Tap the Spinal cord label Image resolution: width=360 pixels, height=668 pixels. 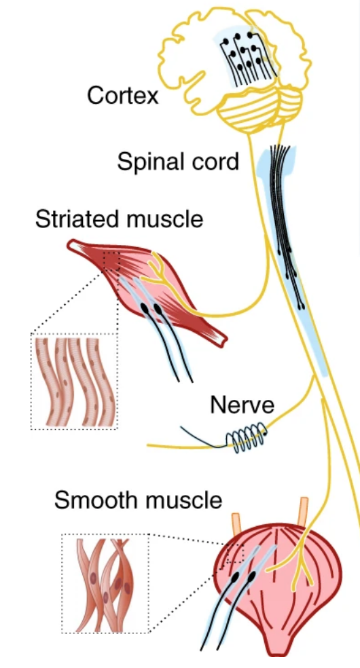click(x=178, y=162)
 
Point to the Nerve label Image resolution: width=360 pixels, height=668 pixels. click(x=242, y=405)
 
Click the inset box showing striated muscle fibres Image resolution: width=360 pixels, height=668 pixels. click(x=75, y=381)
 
